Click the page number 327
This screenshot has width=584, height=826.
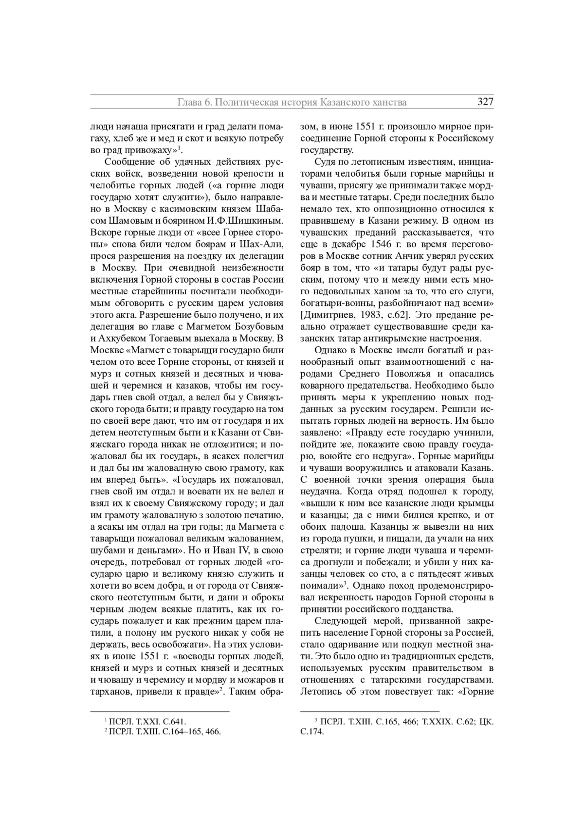click(x=485, y=102)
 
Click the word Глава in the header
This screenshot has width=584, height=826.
click(x=187, y=102)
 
